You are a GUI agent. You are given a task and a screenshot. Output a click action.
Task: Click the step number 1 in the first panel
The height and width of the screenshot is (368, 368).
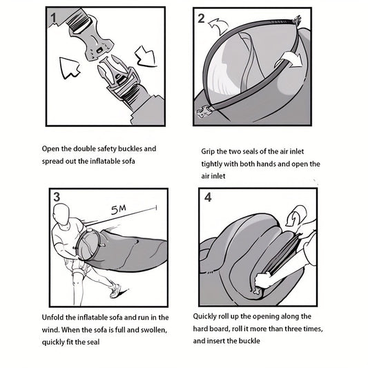[x=54, y=17]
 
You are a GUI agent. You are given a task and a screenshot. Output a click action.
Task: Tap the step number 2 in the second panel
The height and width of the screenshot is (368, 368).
[x=201, y=19]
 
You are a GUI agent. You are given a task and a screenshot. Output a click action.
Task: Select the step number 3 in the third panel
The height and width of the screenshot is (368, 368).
[x=57, y=197]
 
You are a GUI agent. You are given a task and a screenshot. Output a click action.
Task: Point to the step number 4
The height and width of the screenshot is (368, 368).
[x=208, y=197]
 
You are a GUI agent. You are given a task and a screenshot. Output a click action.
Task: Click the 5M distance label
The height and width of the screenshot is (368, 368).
[x=119, y=209]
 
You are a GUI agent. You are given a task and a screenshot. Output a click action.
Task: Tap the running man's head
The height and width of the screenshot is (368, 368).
[x=61, y=214]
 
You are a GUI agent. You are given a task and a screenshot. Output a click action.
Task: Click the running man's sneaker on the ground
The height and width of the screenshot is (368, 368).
[x=116, y=291]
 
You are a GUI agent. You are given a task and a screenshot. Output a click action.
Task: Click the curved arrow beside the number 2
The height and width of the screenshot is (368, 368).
[x=219, y=26]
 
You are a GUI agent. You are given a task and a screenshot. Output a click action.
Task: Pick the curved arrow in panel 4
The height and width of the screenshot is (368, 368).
[x=296, y=215]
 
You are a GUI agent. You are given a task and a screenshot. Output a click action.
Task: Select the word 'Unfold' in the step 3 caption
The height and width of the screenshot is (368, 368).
[x=52, y=318]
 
